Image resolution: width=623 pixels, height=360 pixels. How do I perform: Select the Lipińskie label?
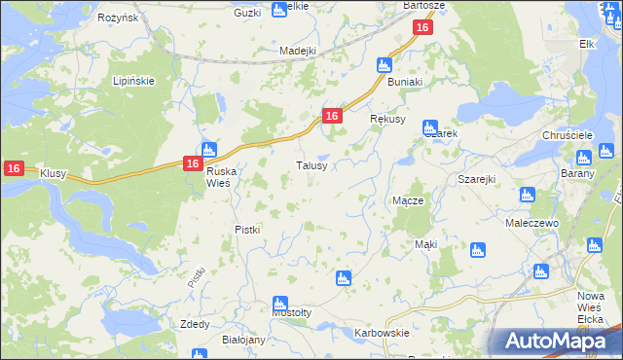pos(133,81)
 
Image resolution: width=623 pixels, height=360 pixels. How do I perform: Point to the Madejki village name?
pos(298,51)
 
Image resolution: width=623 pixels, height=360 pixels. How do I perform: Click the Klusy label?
pos(53,173)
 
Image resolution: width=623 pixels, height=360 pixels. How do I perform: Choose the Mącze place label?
pos(407,200)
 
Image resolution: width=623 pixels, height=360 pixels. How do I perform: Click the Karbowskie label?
pos(381,333)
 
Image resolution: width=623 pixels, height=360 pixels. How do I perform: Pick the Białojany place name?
pos(243,340)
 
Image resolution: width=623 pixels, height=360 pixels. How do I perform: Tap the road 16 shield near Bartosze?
pos(421,28)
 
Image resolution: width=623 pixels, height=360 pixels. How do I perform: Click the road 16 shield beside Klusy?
pos(13,168)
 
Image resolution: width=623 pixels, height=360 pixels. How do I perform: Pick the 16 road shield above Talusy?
pos(332,116)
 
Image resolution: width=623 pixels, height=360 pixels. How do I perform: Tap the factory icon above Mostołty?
pos(280,304)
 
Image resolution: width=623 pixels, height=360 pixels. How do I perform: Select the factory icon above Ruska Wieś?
pos(207,150)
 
